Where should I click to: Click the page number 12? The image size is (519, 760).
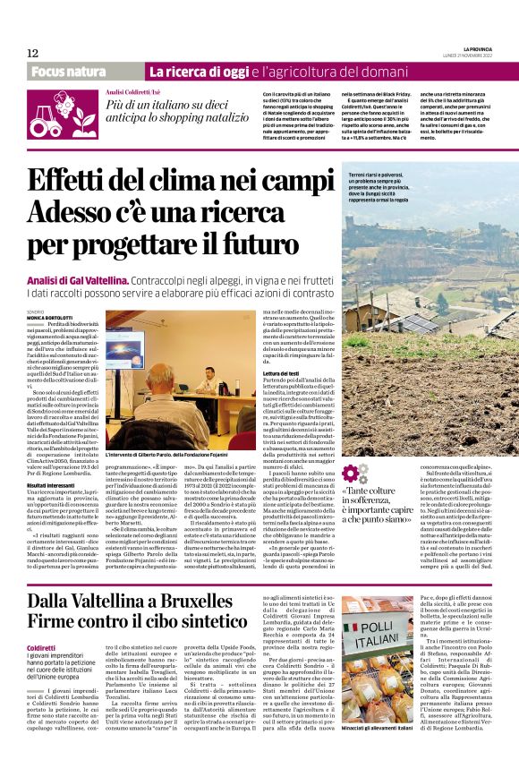[32, 53]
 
